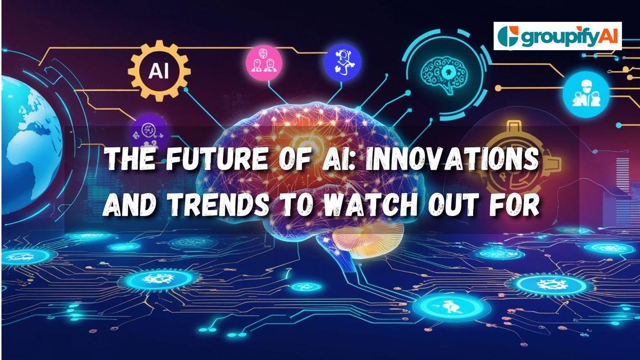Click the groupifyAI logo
pyautogui.click(x=557, y=36)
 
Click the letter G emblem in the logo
pyautogui.click(x=507, y=36)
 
